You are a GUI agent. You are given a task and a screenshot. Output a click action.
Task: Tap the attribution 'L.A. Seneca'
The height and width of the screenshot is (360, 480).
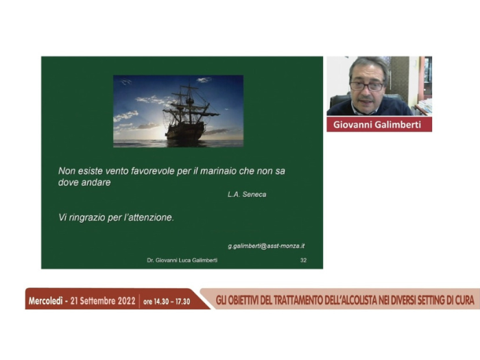tap(247, 194)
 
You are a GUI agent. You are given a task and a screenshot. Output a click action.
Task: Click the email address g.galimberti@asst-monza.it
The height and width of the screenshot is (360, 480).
tap(266, 245)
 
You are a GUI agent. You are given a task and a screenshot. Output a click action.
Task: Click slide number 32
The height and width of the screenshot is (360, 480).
tap(303, 260)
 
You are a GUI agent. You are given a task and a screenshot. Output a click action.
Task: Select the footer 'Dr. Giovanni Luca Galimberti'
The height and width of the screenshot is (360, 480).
tap(182, 260)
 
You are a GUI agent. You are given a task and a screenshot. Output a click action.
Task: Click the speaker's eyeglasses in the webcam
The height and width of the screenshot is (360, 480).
tap(367, 86)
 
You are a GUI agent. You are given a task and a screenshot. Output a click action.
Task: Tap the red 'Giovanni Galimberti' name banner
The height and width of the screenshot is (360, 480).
tap(379, 124)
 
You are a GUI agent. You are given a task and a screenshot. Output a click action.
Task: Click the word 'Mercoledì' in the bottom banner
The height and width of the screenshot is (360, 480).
tap(46, 301)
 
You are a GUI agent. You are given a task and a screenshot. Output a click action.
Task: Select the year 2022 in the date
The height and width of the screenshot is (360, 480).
tap(126, 301)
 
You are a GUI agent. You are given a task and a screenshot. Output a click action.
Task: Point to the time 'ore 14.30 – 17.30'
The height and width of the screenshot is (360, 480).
tap(167, 302)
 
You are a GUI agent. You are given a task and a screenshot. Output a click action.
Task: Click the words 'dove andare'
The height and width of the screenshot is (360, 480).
tap(84, 182)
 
